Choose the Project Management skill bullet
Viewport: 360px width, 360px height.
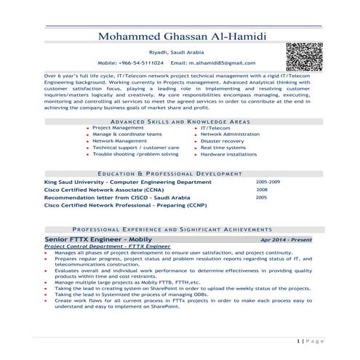click(x=118, y=127)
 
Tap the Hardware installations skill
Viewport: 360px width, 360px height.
click(x=228, y=154)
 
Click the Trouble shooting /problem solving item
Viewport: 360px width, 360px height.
click(x=135, y=154)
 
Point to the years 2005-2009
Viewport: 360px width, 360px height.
click(x=268, y=182)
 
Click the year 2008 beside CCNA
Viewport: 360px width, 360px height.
click(x=262, y=190)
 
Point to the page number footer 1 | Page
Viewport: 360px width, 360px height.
click(x=310, y=340)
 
